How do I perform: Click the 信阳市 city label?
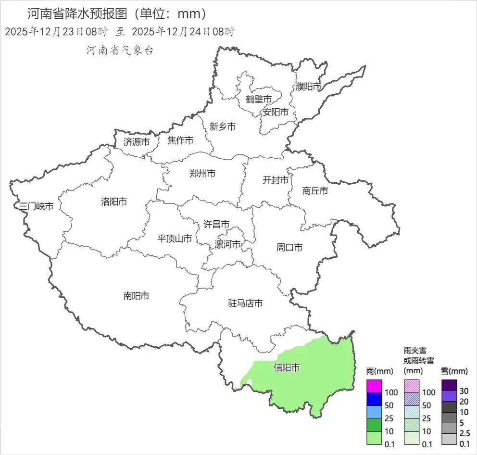(x=287, y=368)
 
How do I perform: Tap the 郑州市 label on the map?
(x=202, y=174)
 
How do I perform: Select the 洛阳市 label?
(x=114, y=202)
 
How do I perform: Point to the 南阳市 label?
(x=136, y=296)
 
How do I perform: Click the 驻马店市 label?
(x=245, y=303)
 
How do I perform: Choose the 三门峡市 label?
(x=36, y=206)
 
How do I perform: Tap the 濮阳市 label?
(x=309, y=87)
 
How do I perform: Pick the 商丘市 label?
(x=315, y=191)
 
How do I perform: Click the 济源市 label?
(x=137, y=142)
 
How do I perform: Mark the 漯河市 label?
(x=228, y=244)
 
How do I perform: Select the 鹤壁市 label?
(x=259, y=99)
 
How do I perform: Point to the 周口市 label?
(x=289, y=248)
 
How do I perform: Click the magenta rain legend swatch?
(x=374, y=386)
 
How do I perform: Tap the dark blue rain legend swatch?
(x=374, y=399)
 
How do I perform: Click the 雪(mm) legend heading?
(x=454, y=371)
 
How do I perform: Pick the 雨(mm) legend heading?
(x=379, y=371)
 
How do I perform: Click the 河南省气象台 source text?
(x=120, y=50)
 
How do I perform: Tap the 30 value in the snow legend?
(x=464, y=390)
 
